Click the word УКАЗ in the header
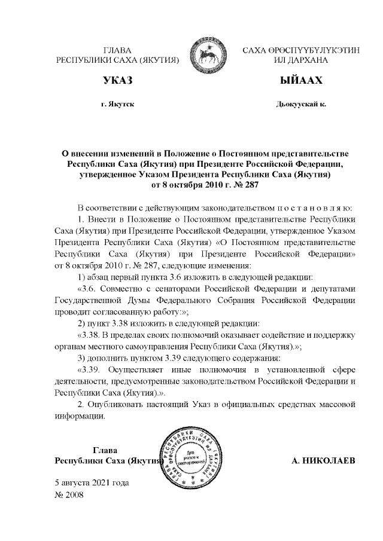click(x=117, y=80)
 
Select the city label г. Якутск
click(x=117, y=104)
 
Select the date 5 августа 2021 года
click(x=92, y=482)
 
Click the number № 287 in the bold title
click(x=244, y=185)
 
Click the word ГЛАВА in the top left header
click(x=117, y=50)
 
